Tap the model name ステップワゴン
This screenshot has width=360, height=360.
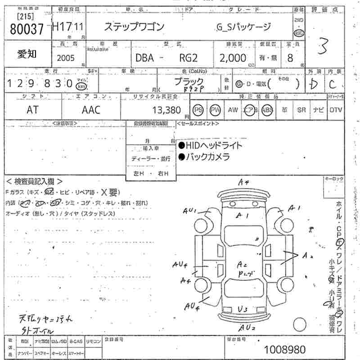(135, 27)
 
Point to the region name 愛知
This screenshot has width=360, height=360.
(27, 54)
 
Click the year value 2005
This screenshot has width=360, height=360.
(67, 58)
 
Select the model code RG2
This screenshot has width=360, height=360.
(186, 58)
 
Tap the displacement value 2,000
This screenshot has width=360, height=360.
(233, 58)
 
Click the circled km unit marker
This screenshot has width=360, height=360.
(81, 86)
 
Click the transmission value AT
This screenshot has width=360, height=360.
(32, 110)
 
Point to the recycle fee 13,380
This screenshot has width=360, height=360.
(166, 110)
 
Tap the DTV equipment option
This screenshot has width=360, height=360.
(335, 110)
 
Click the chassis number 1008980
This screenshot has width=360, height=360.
(285, 349)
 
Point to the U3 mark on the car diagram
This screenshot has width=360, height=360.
(243, 309)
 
